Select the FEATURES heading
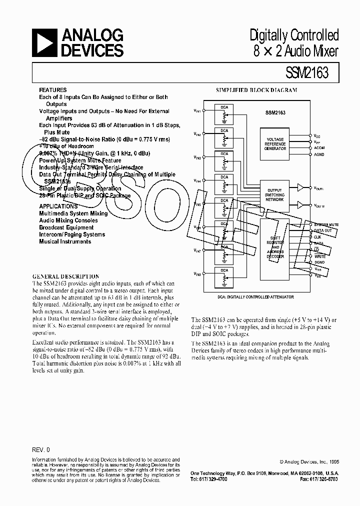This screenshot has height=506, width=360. (52, 90)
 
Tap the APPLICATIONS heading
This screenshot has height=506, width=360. (58, 206)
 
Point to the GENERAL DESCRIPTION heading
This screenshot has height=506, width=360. (65, 276)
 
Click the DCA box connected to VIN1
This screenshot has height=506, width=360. (224, 114)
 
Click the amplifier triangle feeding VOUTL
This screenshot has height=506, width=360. (300, 187)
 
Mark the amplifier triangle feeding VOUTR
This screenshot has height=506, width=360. (300, 204)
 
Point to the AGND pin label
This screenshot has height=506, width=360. (318, 154)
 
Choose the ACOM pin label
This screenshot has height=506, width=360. (319, 148)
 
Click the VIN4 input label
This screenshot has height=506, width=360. (198, 181)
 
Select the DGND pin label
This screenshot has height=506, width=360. (319, 262)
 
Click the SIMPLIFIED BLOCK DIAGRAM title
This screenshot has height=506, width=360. (256, 90)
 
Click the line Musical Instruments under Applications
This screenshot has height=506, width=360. (65, 241)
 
